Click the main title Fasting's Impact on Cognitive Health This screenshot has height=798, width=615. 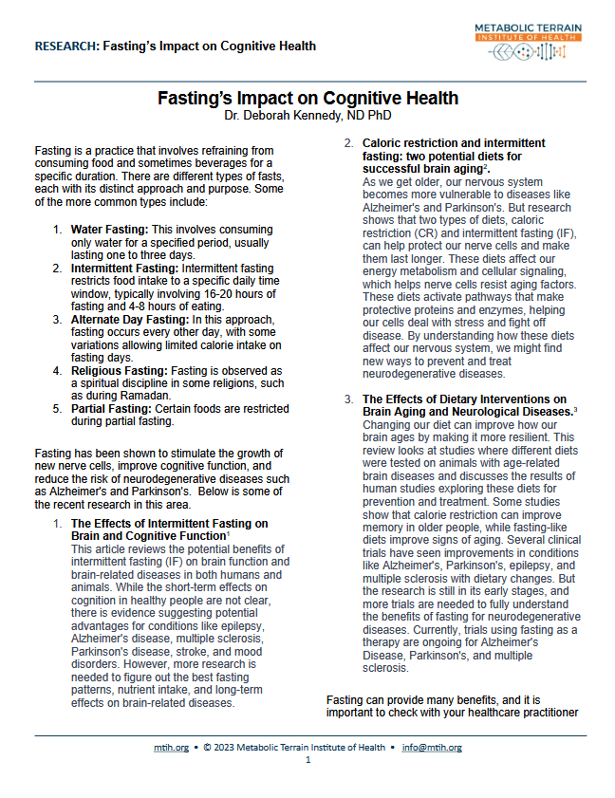pos(307,98)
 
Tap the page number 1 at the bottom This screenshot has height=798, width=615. pos(307,760)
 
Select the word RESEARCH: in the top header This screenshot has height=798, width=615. pos(65,46)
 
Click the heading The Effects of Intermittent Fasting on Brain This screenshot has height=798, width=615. pos(169,523)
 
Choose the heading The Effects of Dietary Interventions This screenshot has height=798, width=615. pos(466,399)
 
